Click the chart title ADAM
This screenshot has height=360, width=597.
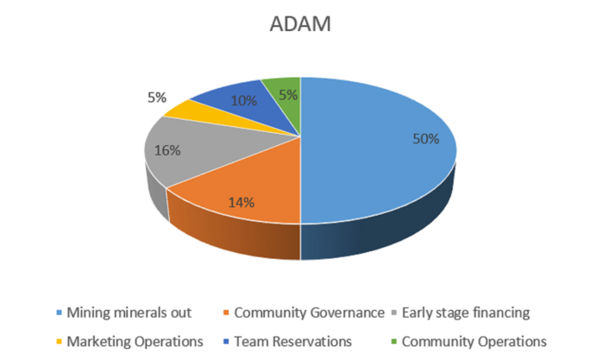point(298,26)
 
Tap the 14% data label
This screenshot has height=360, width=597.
point(242,203)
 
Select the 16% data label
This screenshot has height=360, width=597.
point(167,150)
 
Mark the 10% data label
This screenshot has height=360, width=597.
point(244,100)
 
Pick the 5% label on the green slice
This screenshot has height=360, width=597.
point(286,94)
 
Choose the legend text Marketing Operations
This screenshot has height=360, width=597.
point(133,340)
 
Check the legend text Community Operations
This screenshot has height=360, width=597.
point(474,340)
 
